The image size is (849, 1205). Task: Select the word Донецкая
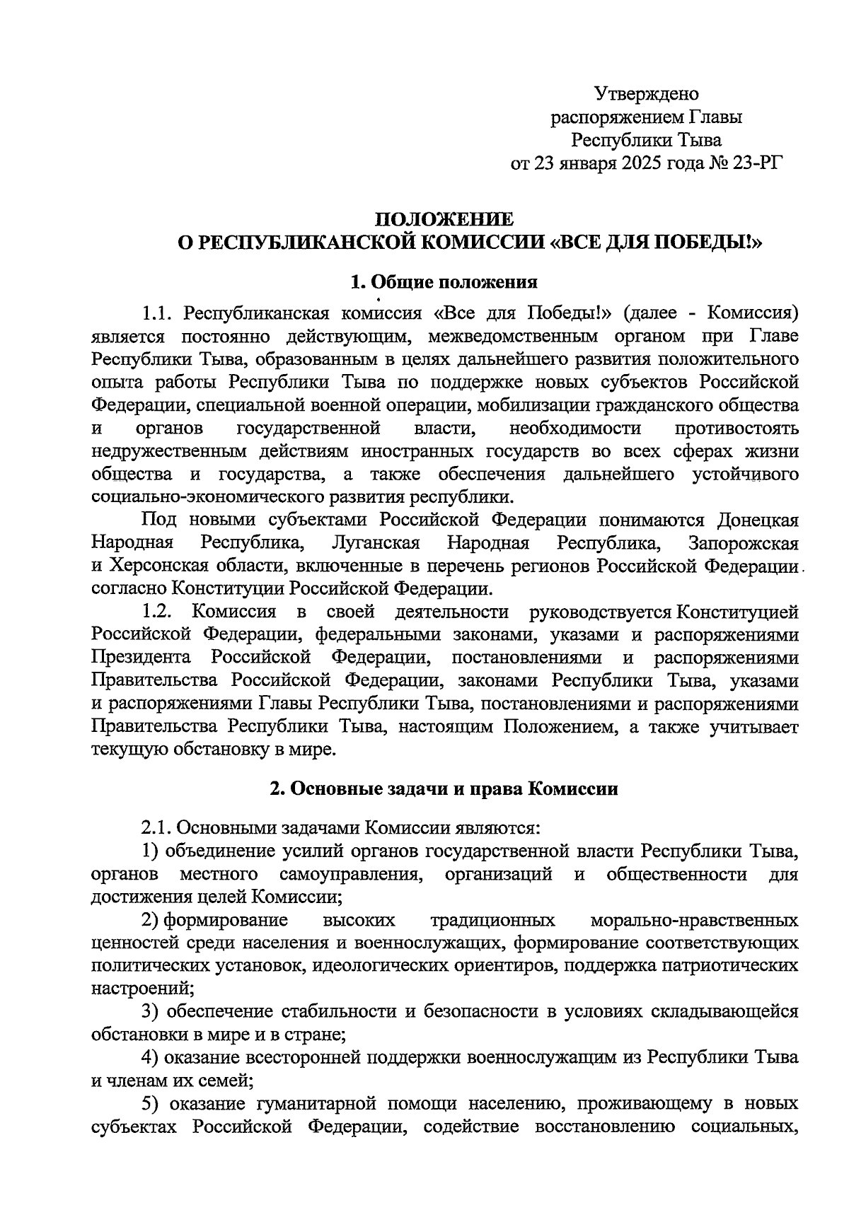tap(758, 520)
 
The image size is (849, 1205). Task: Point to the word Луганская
tap(375, 543)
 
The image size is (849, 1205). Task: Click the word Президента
tap(141, 658)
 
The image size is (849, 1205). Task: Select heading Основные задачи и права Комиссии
tap(444, 789)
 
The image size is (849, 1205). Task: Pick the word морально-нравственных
tap(693, 921)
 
